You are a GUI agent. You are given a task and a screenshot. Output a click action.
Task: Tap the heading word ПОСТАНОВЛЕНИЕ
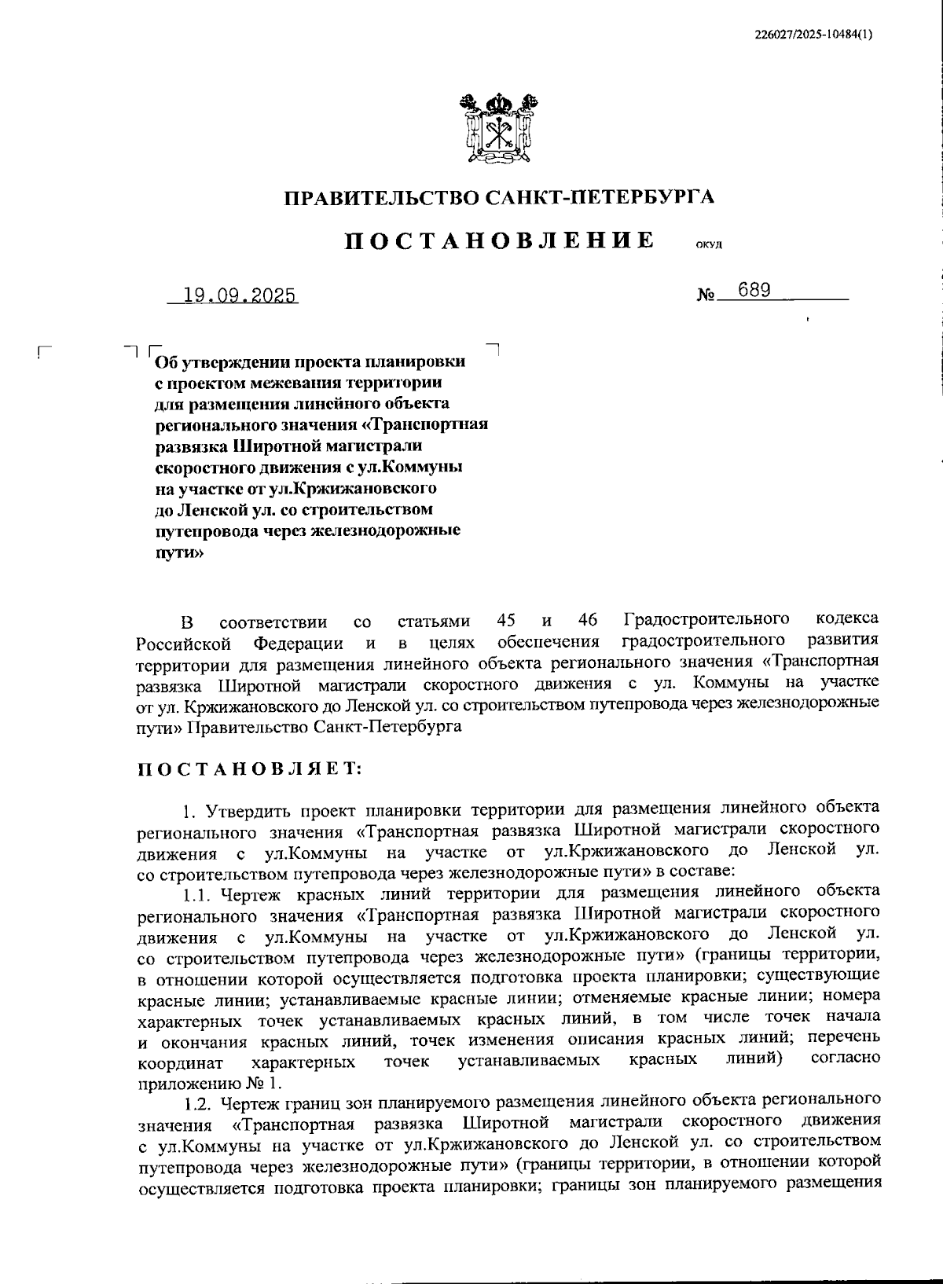[501, 239]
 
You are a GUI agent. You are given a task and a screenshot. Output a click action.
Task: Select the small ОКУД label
[709, 244]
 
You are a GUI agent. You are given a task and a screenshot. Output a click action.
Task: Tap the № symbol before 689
[706, 296]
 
